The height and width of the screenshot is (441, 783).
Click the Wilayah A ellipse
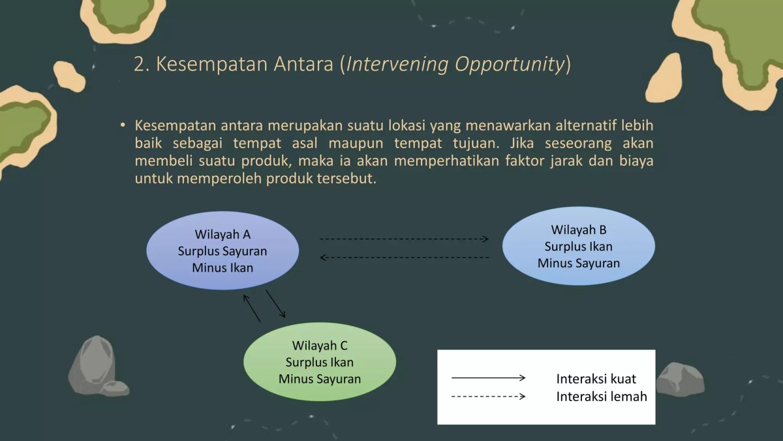[x=222, y=251]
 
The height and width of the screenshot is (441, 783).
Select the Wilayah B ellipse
[x=578, y=246]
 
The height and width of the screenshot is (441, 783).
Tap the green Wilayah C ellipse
[x=319, y=362]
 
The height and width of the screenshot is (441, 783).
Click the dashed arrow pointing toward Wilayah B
[x=404, y=239]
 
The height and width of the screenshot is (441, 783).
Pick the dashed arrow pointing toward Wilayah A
[x=404, y=257]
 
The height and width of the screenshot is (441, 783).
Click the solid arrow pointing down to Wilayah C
[x=275, y=304]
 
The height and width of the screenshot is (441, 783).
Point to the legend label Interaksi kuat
[x=596, y=379]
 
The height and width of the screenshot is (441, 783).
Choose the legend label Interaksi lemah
[x=601, y=397]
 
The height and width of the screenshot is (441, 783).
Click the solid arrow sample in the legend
[x=488, y=378]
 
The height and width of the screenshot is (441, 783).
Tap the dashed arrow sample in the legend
[x=488, y=397]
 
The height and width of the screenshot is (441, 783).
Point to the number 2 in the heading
[x=138, y=65]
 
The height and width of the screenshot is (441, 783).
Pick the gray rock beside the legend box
[x=680, y=378]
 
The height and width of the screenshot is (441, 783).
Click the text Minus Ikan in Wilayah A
[x=222, y=268]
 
